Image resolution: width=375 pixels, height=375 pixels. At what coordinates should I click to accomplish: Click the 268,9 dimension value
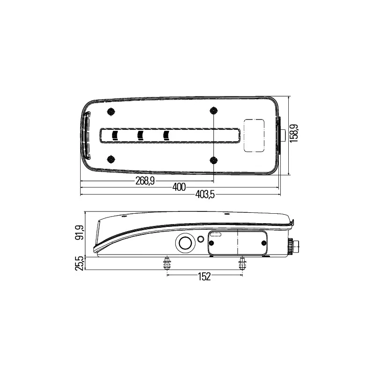[x=145, y=181]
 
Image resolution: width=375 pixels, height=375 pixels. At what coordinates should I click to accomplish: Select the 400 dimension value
[x=179, y=187]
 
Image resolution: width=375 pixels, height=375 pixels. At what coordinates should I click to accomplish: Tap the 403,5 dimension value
[x=205, y=195]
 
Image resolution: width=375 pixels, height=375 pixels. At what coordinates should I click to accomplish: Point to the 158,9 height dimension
[x=294, y=133]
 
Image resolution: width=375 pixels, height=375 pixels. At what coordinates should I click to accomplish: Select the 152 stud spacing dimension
[x=204, y=277]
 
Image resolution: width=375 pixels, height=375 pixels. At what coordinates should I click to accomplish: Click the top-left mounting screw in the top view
[x=111, y=112]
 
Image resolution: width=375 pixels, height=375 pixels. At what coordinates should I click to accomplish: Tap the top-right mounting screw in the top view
[x=213, y=111]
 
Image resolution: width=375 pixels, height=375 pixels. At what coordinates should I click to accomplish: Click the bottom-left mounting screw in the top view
[x=111, y=159]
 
